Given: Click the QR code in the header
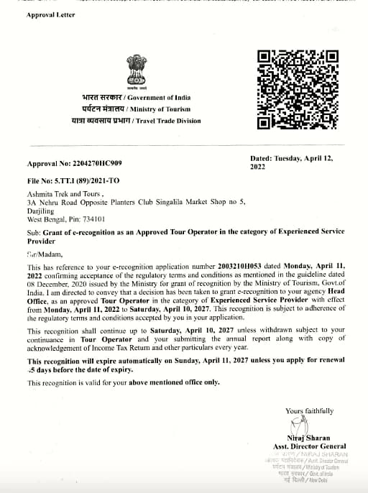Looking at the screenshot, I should click(297, 90).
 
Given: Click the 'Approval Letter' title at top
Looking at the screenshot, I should click(51, 14).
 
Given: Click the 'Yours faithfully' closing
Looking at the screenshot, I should click(309, 410).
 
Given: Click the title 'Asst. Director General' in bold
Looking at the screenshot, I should click(305, 446).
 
